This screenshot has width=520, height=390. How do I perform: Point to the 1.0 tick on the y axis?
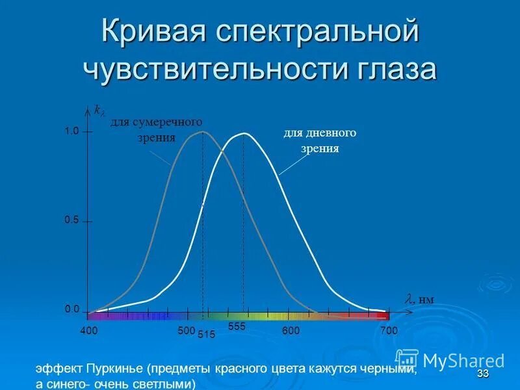coord(71,131)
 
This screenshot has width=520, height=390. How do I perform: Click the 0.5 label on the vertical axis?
coord(71,220)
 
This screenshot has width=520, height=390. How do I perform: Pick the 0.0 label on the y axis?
coord(71,309)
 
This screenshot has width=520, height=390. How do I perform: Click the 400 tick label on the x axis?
coord(89,331)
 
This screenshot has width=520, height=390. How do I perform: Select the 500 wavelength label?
coord(186,331)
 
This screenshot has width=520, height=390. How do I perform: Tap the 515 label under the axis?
coord(205,335)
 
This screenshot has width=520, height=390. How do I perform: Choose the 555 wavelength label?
coord(237,326)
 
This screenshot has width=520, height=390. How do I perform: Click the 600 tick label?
coord(291,331)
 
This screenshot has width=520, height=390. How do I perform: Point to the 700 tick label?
coord(388,331)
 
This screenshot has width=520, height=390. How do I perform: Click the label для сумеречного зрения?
coord(156,129)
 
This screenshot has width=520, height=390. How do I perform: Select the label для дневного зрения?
coord(319,140)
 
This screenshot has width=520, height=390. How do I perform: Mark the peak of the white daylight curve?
coord(244,133)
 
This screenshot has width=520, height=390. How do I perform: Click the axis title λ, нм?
coord(420,300)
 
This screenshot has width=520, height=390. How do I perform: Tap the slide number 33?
coord(482,373)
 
